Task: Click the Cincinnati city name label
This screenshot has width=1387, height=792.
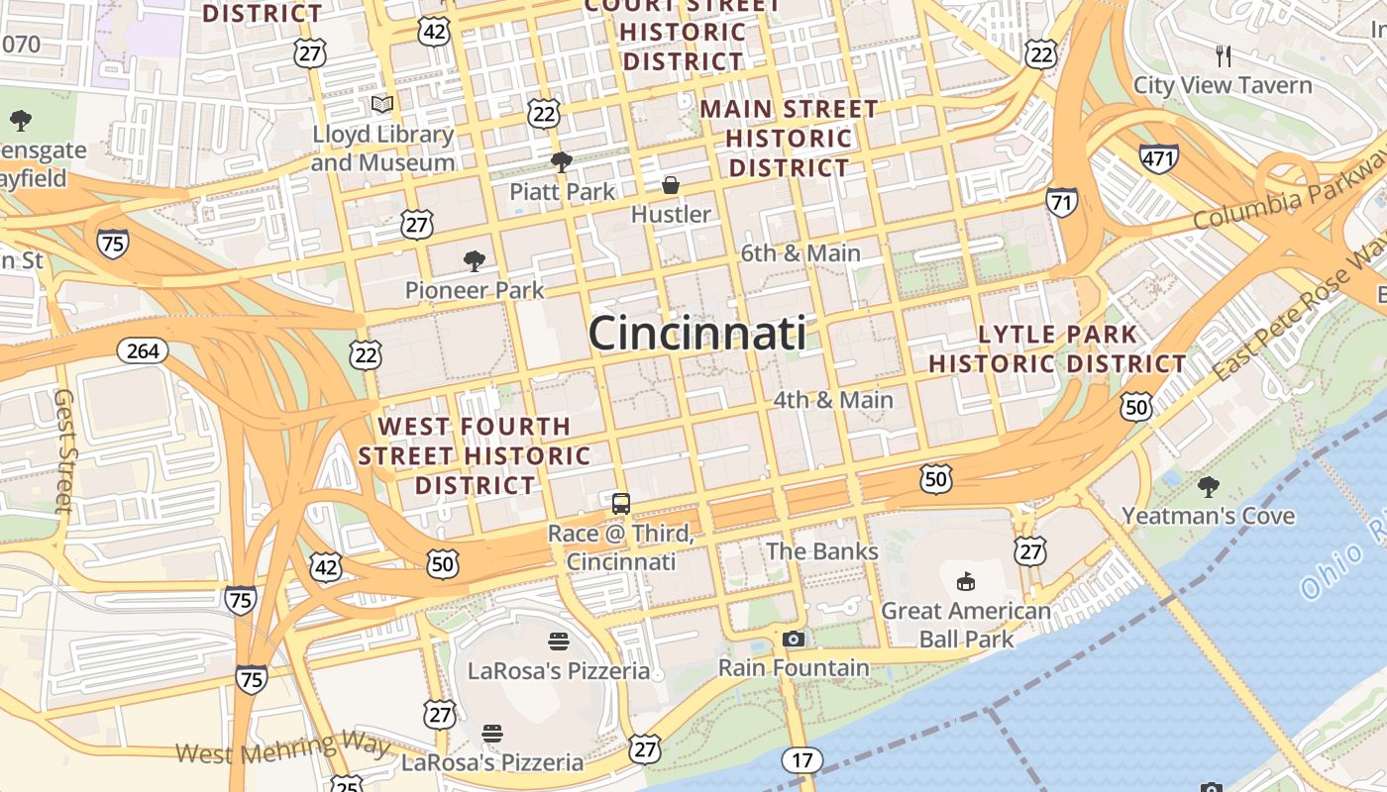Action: (696, 334)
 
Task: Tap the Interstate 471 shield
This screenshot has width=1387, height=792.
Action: (1158, 158)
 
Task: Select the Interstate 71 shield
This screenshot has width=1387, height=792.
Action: (1061, 203)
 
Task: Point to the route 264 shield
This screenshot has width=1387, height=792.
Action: (143, 350)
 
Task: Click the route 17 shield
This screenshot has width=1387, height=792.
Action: (801, 760)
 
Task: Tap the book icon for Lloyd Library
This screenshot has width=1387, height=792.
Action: (382, 104)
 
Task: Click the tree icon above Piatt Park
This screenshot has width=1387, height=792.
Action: (562, 161)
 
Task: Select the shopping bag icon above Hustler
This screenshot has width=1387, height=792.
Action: (671, 185)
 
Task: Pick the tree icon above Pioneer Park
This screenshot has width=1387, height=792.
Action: (475, 261)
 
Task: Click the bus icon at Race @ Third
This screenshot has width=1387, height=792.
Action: (620, 504)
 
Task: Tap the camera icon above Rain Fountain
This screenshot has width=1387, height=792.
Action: (794, 640)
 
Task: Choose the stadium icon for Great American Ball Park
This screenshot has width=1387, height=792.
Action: (966, 581)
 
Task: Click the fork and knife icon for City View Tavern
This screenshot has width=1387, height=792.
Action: (1224, 55)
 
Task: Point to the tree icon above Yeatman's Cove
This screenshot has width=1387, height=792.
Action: (1208, 486)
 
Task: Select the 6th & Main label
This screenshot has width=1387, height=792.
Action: (800, 253)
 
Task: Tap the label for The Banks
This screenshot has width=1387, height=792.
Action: (821, 550)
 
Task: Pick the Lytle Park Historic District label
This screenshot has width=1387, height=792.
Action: (1057, 348)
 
